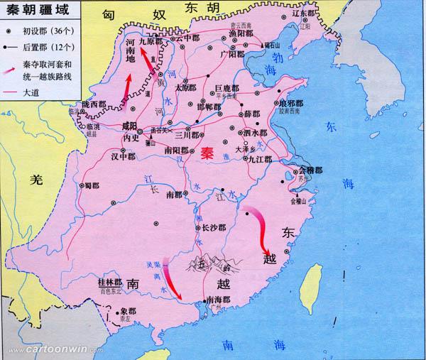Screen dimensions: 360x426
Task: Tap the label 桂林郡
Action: point(109,283)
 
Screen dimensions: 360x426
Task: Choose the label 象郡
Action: point(127,311)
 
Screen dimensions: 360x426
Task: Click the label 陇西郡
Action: point(93,104)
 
